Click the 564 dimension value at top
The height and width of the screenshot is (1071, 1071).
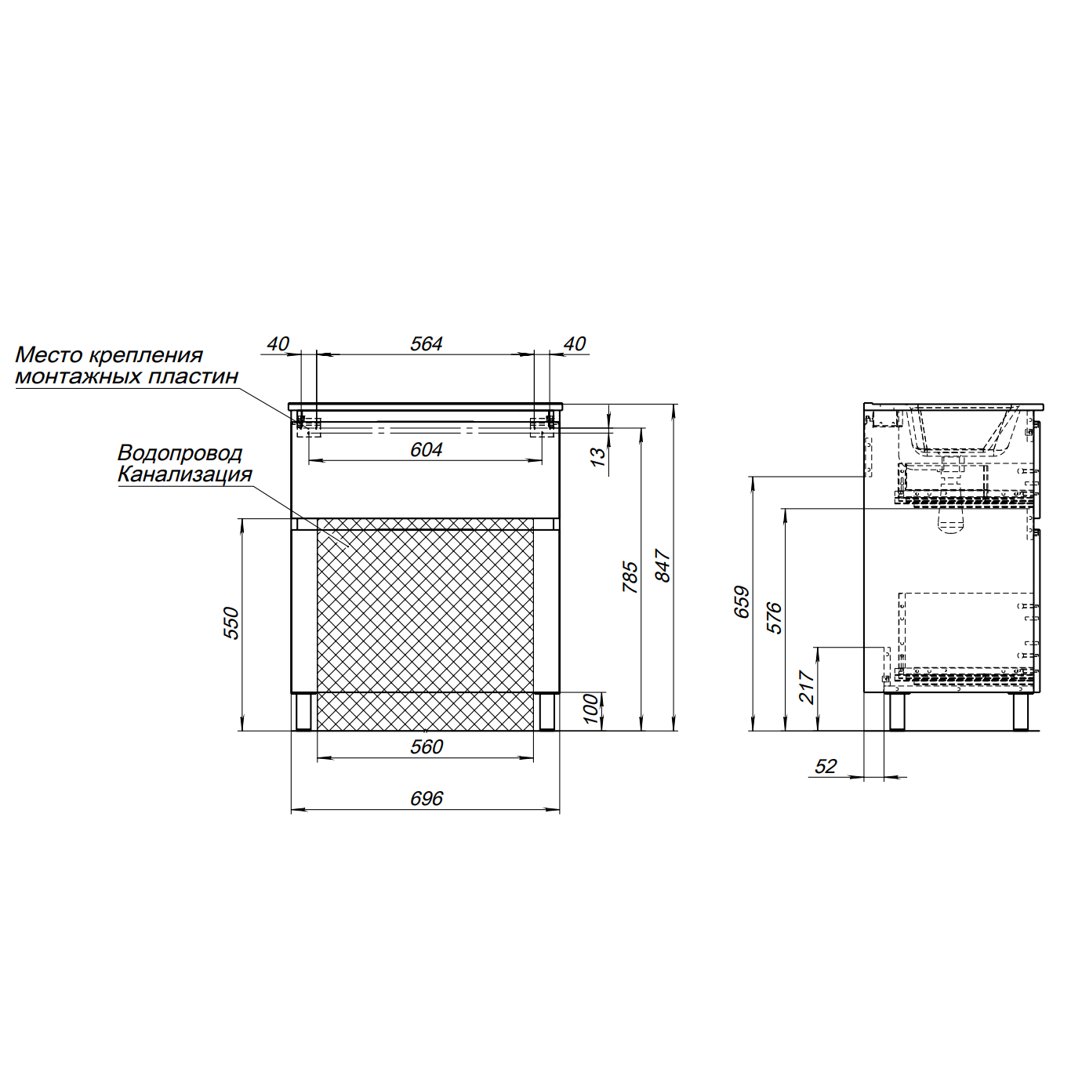point(427,344)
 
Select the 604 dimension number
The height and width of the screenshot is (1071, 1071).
point(427,449)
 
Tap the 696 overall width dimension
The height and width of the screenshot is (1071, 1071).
point(427,799)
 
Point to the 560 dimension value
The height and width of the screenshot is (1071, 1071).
point(427,747)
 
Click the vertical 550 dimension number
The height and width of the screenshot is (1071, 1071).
point(231,623)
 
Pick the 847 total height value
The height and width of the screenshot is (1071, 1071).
point(663,566)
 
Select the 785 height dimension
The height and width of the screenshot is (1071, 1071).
point(630,577)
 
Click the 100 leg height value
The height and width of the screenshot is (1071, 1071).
point(591,709)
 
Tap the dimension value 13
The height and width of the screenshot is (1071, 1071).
point(597,456)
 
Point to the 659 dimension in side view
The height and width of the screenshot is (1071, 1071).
point(742,601)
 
